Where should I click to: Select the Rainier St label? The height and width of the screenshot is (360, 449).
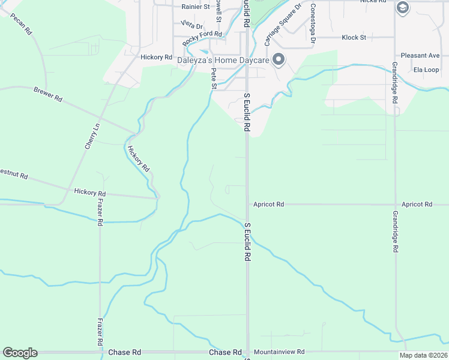click(196, 7)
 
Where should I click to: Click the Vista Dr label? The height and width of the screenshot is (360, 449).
click(192, 25)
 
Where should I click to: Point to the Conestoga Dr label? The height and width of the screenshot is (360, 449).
click(313, 24)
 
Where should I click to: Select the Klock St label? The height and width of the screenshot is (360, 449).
click(354, 37)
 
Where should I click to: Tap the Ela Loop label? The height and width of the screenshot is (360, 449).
click(426, 70)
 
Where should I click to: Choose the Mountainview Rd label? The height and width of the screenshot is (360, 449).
click(279, 352)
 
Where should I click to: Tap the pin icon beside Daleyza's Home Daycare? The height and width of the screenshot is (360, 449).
click(278, 59)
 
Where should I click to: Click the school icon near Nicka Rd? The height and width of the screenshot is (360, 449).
click(402, 7)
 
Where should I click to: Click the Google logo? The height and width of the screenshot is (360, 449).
click(20, 353)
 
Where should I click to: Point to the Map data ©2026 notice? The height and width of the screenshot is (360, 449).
click(423, 355)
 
